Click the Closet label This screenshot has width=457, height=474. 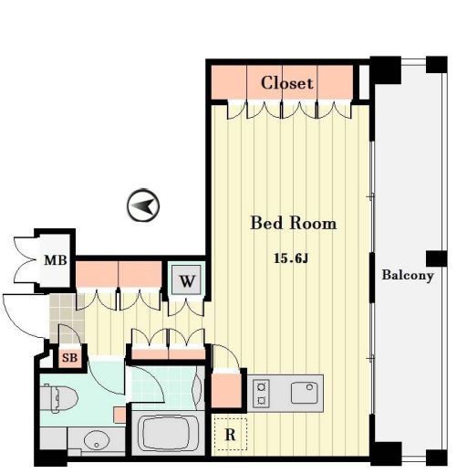(286, 83)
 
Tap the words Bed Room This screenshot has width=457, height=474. (294, 223)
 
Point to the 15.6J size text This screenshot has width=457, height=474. (291, 258)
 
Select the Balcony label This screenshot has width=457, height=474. (408, 276)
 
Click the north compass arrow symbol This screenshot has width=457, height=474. (143, 205)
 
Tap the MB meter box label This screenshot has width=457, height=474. (56, 260)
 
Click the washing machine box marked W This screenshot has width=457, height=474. (186, 280)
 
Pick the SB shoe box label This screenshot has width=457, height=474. (69, 358)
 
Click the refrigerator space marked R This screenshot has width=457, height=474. (230, 435)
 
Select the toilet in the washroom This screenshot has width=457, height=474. (58, 398)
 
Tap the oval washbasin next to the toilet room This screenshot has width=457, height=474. (97, 439)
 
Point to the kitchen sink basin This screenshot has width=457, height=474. (304, 393)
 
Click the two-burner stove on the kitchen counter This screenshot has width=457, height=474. (261, 393)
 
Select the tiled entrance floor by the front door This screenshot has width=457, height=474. (67, 317)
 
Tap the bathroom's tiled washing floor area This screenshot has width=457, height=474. (162, 388)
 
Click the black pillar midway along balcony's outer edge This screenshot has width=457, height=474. (436, 258)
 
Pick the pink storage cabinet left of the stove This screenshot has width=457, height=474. (226, 391)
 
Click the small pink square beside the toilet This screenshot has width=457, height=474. (119, 415)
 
